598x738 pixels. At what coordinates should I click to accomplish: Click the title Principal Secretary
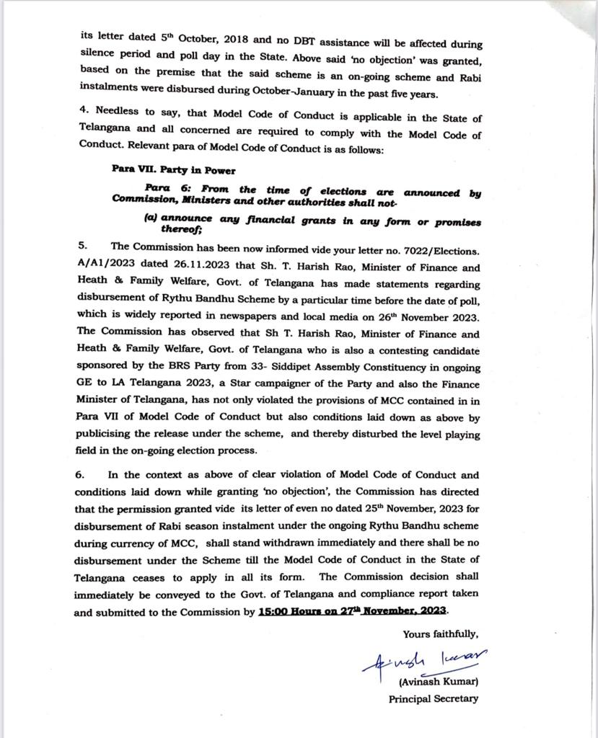433,698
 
